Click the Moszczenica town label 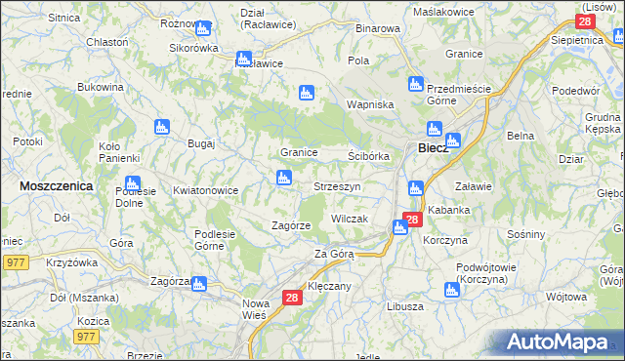56,184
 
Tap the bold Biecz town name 433,148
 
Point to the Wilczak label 349,220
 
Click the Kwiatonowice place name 205,191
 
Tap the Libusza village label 404,306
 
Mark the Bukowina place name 101,87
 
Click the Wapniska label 370,104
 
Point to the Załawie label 475,185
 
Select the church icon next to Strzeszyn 283,178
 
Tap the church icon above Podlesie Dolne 132,183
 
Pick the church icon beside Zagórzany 199,284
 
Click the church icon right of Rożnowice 203,28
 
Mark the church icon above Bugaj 162,127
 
